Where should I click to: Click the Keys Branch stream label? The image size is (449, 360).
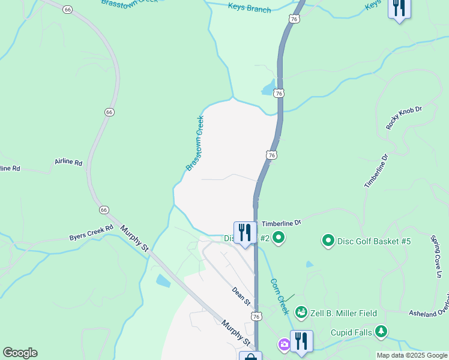(x=249, y=9)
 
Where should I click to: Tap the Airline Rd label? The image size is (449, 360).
(x=68, y=162)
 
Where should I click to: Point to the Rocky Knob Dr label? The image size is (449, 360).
(x=405, y=118)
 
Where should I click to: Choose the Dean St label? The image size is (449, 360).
(x=241, y=295)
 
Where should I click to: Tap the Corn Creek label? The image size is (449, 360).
(x=280, y=296)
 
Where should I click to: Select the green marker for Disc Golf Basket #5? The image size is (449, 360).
(x=328, y=241)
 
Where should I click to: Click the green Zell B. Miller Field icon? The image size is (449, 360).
(x=301, y=313)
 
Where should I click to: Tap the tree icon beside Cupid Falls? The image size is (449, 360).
(x=380, y=332)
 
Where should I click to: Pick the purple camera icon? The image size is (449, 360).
(x=283, y=344)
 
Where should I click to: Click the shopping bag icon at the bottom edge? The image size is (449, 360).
(x=250, y=356)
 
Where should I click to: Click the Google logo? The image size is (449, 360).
(x=20, y=353)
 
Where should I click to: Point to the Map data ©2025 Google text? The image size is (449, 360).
(x=412, y=355)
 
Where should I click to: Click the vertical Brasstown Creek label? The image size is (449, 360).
(x=195, y=143)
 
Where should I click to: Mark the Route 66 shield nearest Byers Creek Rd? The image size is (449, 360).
(x=104, y=210)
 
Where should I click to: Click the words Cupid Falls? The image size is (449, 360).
(x=351, y=332)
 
